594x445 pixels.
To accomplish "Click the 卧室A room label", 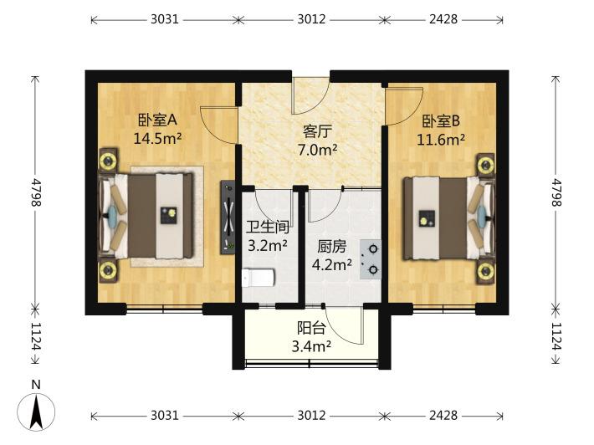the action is pos(157,120).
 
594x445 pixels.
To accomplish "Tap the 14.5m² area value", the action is pos(157,139).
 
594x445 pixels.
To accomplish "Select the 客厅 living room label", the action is pos(317,132).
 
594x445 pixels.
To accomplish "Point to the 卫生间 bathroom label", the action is pos(268,228).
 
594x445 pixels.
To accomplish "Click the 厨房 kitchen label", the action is pos(332,247).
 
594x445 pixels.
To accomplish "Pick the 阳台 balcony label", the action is pos(311,328).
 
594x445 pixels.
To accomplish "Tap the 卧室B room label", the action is pos(441,121).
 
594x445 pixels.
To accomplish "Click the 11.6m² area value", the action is pos(441,140).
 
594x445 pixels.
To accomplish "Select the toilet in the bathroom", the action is pos(258,279).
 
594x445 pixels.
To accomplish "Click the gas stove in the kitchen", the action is pos(371,259).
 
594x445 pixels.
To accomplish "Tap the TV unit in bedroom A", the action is pos(228,217).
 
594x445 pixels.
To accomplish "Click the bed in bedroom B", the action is pos(448,218).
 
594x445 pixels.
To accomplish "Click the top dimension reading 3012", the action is pos(311,19).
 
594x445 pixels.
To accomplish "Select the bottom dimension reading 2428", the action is pos(443,416).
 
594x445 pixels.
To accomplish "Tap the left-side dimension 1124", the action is pos(36,337).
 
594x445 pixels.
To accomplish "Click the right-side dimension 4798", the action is pos(556,192).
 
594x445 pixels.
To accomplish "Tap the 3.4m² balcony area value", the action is pos(311,345).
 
